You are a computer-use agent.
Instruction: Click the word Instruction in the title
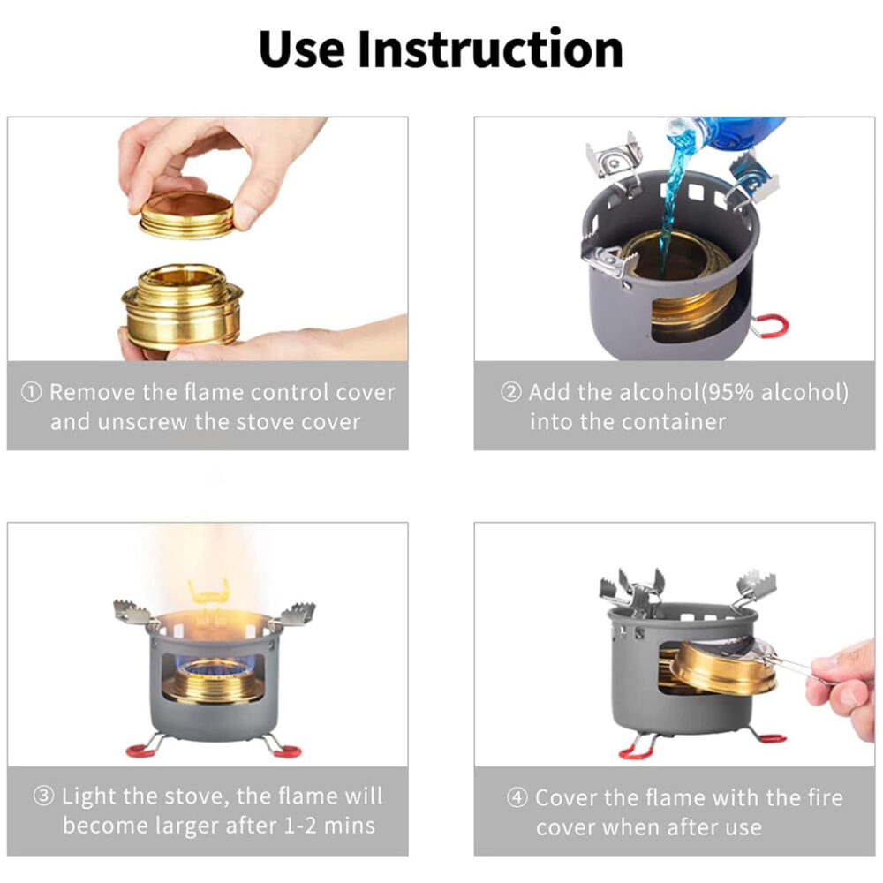[x=490, y=49]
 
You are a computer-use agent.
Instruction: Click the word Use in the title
[x=301, y=49]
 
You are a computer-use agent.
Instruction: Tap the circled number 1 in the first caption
[x=31, y=393]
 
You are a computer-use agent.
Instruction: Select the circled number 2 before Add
[x=510, y=393]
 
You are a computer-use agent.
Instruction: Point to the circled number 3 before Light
[x=44, y=796]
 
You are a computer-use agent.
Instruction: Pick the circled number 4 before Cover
[x=517, y=797]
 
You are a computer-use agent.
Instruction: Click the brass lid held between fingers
[x=186, y=215]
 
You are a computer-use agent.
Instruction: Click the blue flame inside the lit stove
[x=215, y=668]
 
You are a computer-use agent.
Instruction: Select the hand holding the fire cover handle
[x=841, y=687]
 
